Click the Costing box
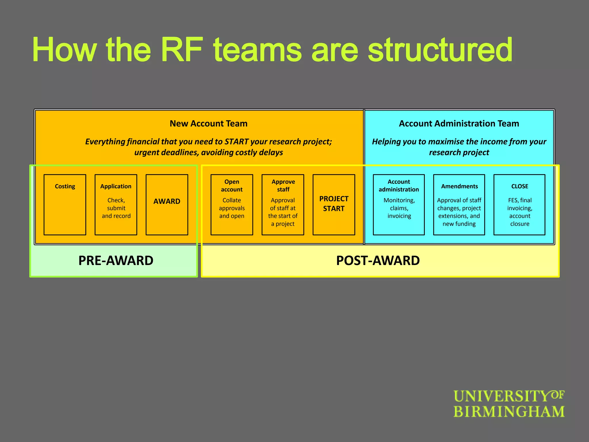(65, 205)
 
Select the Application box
(116, 205)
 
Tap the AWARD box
(167, 205)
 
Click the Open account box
(232, 205)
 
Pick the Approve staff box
(283, 205)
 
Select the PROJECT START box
(334, 205)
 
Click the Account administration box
(399, 205)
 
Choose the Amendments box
(459, 205)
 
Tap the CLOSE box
(519, 205)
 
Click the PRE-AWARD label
(116, 261)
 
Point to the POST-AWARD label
(378, 261)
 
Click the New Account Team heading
(209, 123)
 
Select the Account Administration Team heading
(459, 123)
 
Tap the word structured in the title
(440, 49)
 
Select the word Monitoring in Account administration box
(399, 200)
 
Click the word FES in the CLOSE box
(513, 200)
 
